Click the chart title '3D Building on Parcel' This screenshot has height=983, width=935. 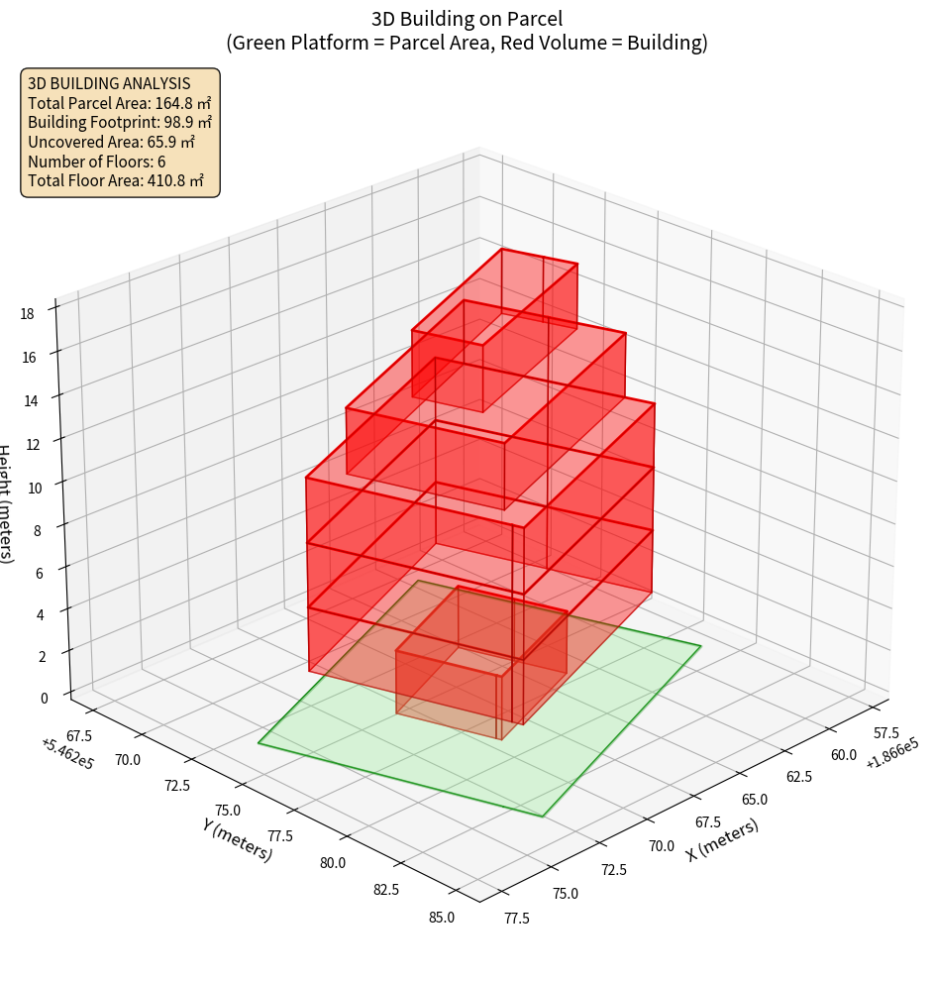(467, 18)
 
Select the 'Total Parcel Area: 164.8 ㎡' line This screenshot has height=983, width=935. (119, 103)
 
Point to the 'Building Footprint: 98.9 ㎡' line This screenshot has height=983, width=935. (120, 123)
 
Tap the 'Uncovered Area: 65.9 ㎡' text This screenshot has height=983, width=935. (114, 142)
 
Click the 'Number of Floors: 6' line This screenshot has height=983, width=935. (97, 162)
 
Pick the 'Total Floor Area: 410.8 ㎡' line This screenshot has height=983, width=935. (116, 180)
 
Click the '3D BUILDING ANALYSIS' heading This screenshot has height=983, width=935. (109, 84)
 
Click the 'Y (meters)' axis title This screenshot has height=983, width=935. (237, 838)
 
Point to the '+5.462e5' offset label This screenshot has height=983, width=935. (67, 754)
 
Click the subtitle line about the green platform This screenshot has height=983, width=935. (467, 43)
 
